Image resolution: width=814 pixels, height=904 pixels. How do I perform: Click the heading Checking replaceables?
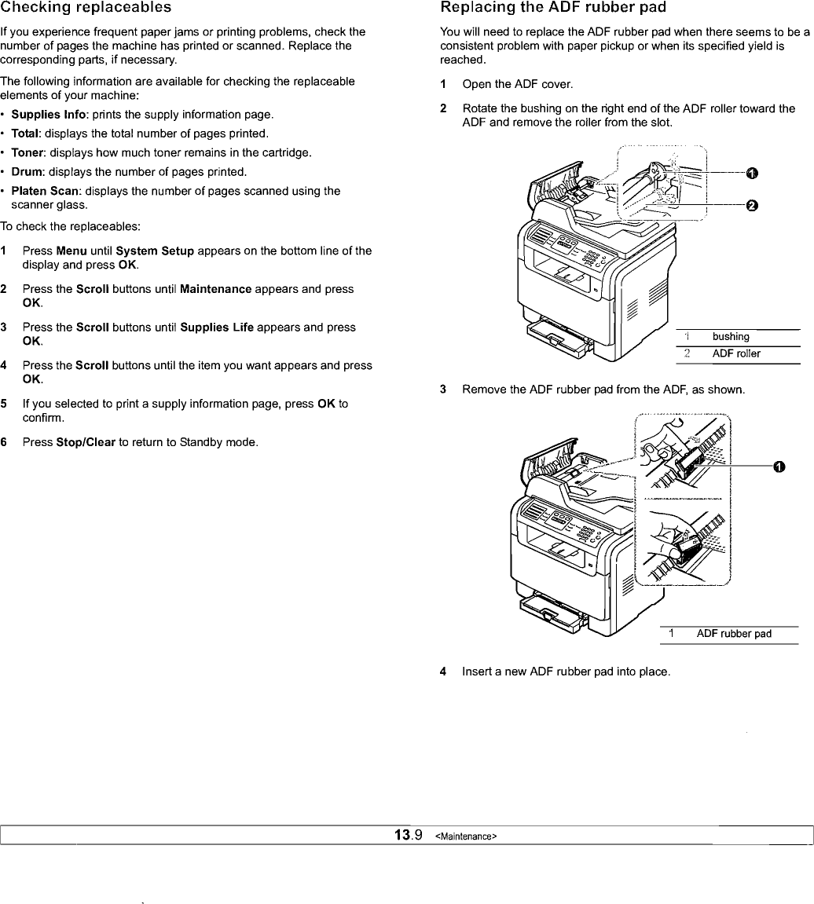pyautogui.click(x=86, y=8)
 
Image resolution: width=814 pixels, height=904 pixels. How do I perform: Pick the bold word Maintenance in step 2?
pyautogui.click(x=215, y=289)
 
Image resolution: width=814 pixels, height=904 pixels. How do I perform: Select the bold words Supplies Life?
pyautogui.click(x=216, y=327)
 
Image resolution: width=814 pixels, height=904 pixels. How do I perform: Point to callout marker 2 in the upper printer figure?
pyautogui.click(x=751, y=206)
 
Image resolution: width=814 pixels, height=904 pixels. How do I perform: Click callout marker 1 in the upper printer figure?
pyautogui.click(x=751, y=173)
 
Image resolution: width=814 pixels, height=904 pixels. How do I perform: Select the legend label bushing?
pyautogui.click(x=731, y=337)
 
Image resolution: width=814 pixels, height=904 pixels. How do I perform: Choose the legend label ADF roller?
pyautogui.click(x=736, y=353)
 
